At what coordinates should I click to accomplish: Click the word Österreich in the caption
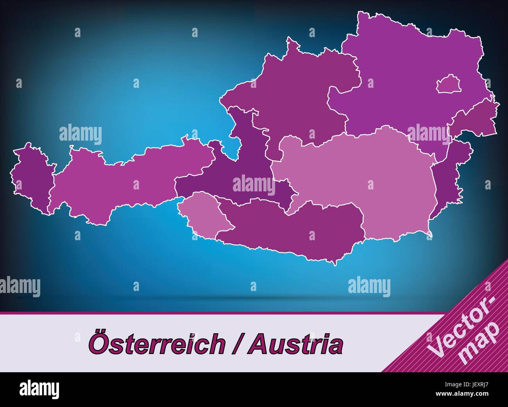coord(156,344)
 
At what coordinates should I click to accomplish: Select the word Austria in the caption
coord(297,344)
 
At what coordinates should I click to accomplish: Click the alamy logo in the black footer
coord(39,389)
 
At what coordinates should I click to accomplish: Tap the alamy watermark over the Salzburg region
coord(254,184)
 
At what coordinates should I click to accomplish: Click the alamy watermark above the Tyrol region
coord(80,134)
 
